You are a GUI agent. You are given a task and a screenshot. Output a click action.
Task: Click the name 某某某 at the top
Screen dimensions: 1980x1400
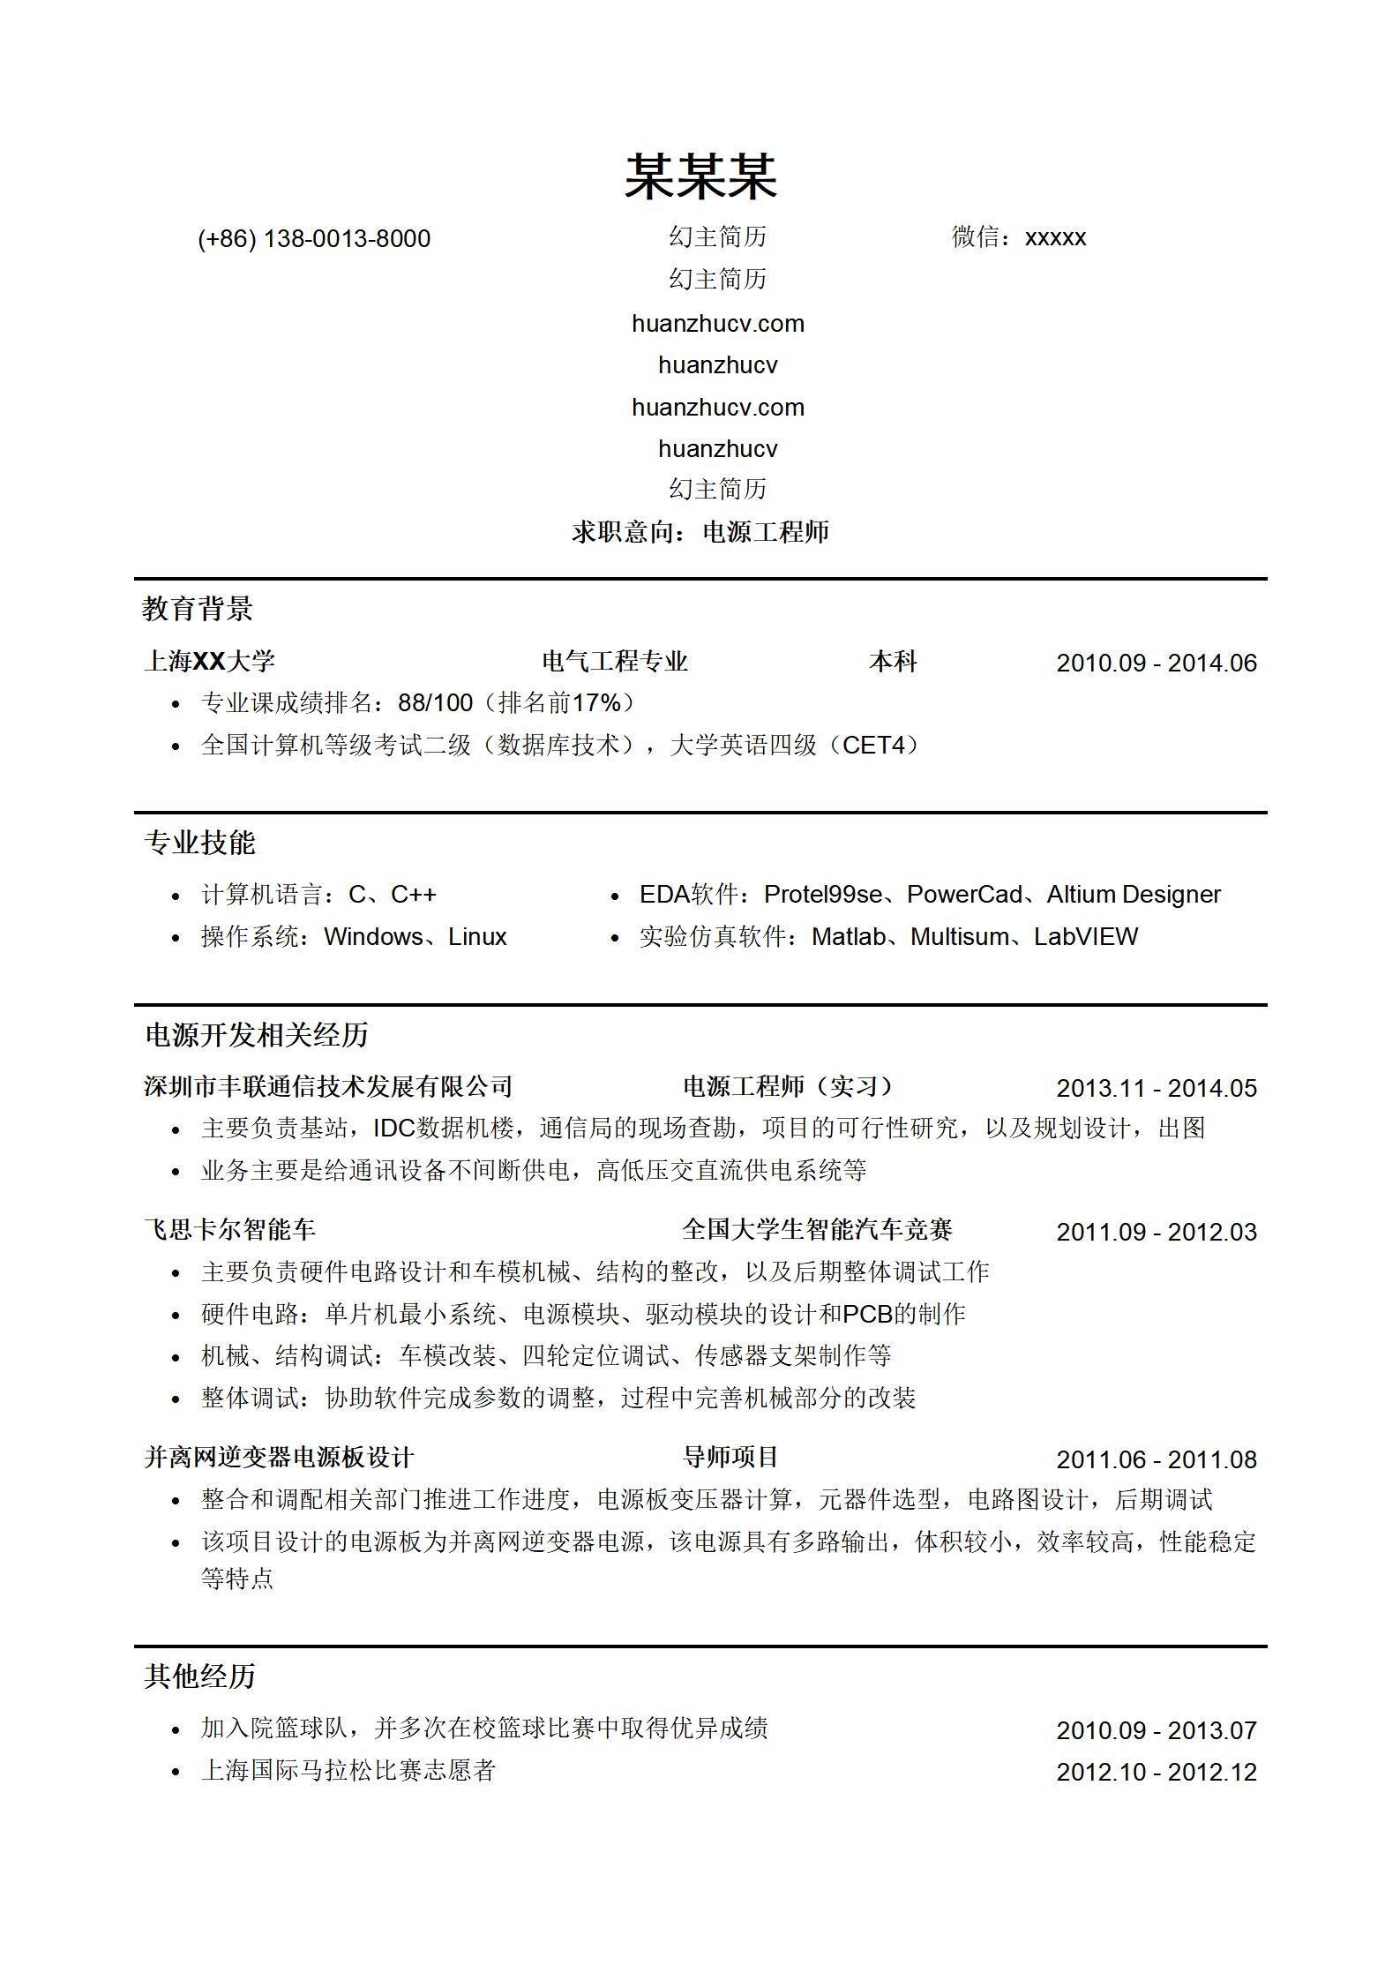(x=700, y=176)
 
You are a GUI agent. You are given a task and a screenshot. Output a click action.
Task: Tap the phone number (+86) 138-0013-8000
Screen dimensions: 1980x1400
(x=314, y=239)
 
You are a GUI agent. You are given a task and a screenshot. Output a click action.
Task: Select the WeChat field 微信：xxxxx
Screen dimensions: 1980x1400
(x=1018, y=237)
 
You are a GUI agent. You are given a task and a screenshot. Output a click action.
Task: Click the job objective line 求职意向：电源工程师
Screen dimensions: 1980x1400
(x=700, y=532)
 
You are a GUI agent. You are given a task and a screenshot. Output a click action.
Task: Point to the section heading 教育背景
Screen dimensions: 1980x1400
(x=198, y=609)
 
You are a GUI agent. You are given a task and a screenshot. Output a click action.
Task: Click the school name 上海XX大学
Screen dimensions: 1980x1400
(x=210, y=662)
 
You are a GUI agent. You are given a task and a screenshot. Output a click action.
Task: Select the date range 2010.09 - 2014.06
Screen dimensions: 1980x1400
(x=1156, y=664)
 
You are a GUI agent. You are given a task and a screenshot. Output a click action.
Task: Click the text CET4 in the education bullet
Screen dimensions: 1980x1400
(x=874, y=746)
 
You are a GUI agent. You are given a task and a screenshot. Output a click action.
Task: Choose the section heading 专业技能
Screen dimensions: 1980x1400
(x=199, y=843)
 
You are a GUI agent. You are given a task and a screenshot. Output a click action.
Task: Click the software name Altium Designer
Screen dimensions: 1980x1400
(x=1134, y=895)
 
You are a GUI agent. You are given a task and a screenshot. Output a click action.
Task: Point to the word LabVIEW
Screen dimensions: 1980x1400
(x=1086, y=937)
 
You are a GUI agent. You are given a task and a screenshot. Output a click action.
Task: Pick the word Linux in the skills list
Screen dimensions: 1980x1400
(x=477, y=937)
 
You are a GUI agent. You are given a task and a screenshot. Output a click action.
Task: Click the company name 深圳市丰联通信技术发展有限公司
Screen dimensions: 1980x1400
(x=328, y=1087)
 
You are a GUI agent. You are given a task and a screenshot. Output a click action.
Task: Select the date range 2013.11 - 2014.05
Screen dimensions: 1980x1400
(x=1156, y=1089)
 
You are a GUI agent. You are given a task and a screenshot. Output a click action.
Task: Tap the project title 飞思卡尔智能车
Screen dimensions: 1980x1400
(x=229, y=1230)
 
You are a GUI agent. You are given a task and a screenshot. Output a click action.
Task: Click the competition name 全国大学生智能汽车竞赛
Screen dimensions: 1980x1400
(x=817, y=1230)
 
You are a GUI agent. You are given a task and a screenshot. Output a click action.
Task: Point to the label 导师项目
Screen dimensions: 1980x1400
(x=730, y=1458)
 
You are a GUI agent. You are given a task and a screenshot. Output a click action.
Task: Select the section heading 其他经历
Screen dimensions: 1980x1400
(x=199, y=1676)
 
